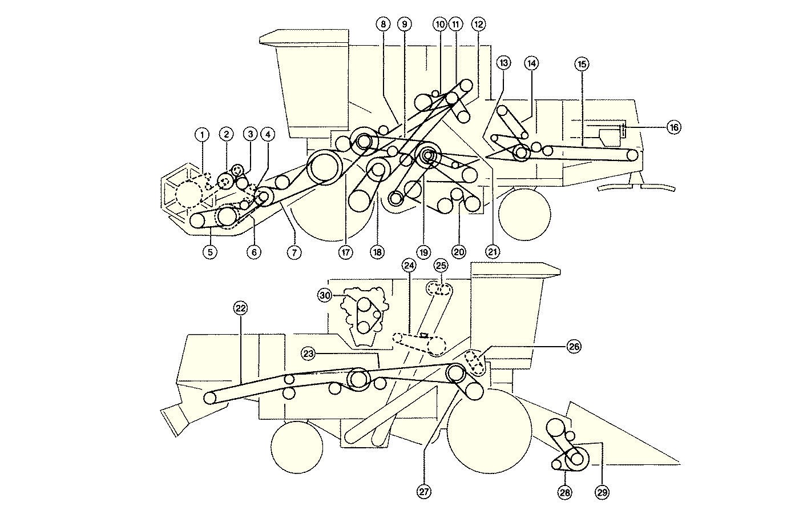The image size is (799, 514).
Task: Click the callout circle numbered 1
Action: point(201,135)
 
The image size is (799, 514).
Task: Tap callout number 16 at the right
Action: point(673,127)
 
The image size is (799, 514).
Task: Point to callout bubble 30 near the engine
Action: point(325,295)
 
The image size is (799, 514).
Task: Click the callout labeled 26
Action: point(574,346)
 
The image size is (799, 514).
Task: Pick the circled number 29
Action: point(602,492)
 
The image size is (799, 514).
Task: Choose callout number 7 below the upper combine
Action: point(294,252)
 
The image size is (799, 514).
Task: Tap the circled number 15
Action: point(582,63)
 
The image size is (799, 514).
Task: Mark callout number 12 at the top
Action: point(478,24)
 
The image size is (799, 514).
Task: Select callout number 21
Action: point(493,251)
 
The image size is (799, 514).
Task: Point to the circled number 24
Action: point(409,266)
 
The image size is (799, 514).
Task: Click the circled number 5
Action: point(210,252)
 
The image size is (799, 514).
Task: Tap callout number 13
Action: point(503,63)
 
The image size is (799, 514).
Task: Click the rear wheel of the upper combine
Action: point(524,215)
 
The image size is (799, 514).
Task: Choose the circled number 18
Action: point(376,252)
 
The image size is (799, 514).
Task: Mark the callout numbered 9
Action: point(405,24)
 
